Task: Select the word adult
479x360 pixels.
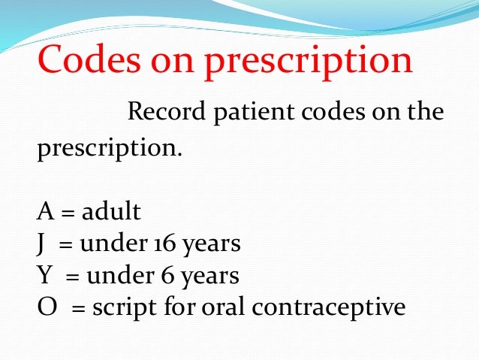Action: (x=111, y=212)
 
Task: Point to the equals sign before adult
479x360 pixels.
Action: (x=68, y=213)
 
